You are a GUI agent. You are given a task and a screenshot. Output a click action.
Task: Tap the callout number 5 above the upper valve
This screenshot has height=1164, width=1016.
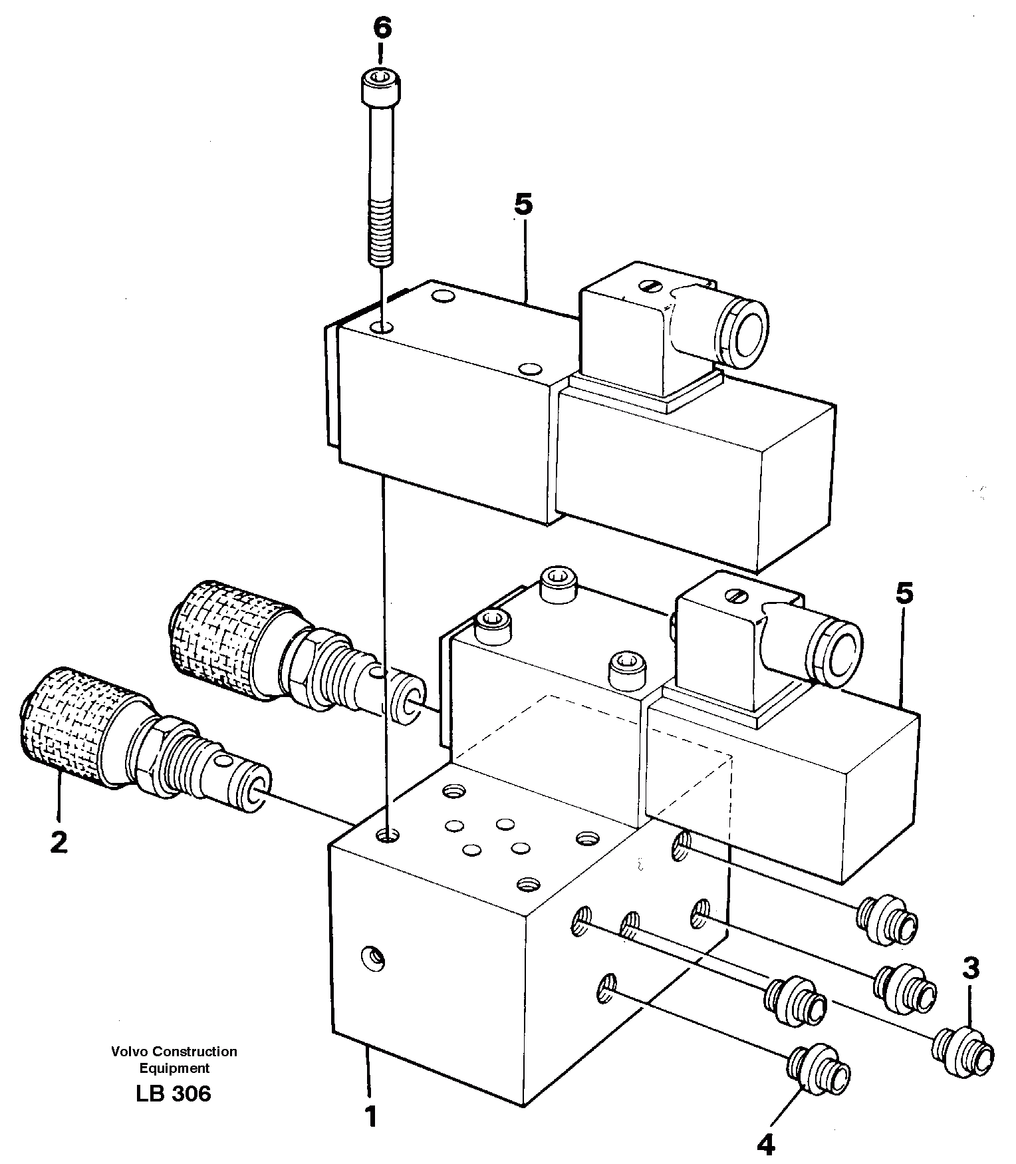pyautogui.click(x=523, y=204)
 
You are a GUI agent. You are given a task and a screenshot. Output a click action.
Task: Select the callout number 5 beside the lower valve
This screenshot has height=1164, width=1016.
pyautogui.click(x=904, y=593)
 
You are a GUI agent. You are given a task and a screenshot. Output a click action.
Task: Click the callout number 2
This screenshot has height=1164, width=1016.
pyautogui.click(x=59, y=843)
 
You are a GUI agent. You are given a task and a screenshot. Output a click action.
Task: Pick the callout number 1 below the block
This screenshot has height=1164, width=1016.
pyautogui.click(x=370, y=1117)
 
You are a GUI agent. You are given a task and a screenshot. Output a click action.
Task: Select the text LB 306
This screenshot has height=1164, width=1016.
pyautogui.click(x=174, y=1093)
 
